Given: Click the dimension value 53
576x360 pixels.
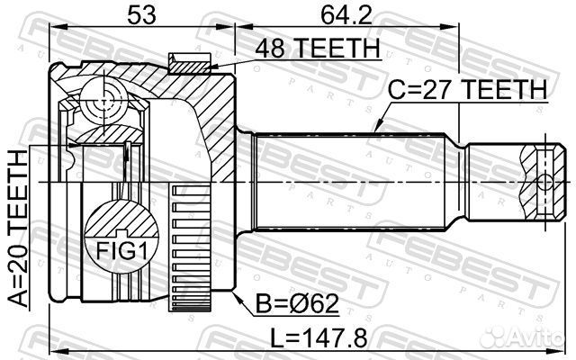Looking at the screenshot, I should (138, 14).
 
